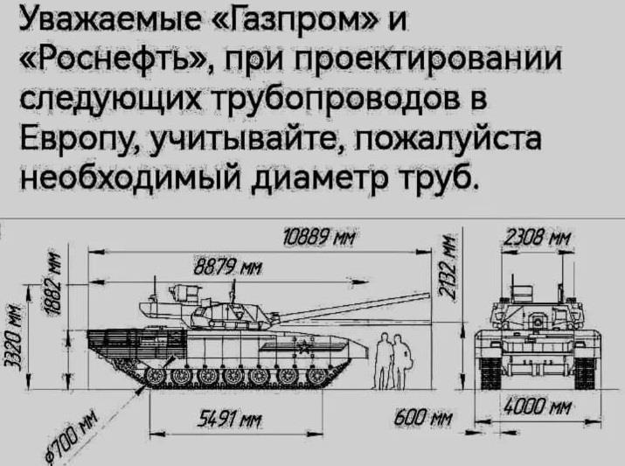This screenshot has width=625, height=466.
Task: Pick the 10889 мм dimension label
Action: click(318, 239)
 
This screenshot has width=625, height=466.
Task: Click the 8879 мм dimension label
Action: click(228, 269)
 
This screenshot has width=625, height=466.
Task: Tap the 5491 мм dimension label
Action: click(230, 420)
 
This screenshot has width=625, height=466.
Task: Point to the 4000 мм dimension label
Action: click(538, 408)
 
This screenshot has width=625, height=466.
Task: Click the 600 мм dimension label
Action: click(423, 419)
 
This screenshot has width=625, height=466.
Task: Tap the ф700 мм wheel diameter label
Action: click(71, 437)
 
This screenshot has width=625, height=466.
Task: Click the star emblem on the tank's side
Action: click(302, 347)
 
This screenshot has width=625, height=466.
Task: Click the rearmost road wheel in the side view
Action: click(156, 376)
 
